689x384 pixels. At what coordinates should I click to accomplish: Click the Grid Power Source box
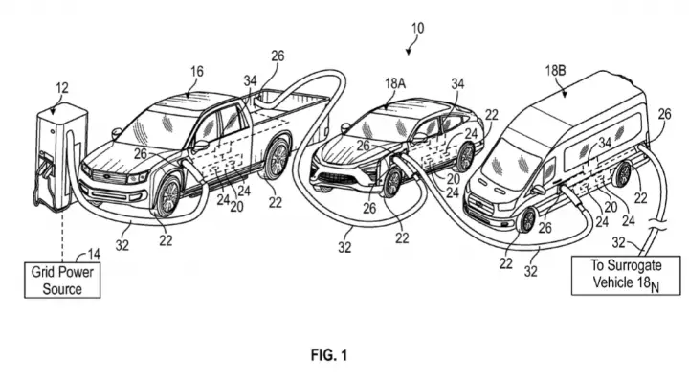[62, 281]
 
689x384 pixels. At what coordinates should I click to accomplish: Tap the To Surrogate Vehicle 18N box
[625, 276]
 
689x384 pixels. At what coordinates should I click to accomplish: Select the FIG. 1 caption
[329, 354]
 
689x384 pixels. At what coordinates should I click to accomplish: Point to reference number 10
[417, 28]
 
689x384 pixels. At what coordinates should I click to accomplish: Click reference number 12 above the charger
[62, 88]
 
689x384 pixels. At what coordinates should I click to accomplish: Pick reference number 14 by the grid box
[94, 254]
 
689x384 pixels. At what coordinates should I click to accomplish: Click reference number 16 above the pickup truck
[197, 71]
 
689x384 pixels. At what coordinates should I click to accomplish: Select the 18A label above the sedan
[395, 83]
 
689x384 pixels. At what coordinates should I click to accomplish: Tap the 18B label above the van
[555, 70]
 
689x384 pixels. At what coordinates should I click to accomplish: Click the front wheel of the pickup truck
[167, 196]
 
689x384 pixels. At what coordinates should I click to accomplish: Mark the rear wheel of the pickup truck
[276, 159]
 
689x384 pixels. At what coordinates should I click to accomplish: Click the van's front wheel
[527, 220]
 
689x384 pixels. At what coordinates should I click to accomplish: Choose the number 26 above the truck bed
[278, 56]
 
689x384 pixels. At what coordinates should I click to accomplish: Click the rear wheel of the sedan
[465, 157]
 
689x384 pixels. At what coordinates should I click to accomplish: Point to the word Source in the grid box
[62, 289]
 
